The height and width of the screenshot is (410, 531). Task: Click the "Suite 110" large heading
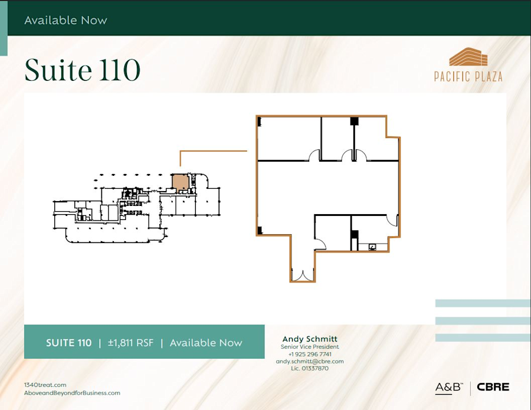[83, 71]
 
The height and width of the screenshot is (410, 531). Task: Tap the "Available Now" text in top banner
[65, 20]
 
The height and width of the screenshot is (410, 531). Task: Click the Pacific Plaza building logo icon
[468, 57]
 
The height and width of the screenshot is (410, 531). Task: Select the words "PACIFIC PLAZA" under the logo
[468, 77]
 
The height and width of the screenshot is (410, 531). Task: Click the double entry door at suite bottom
[302, 275]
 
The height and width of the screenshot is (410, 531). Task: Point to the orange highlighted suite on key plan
[180, 182]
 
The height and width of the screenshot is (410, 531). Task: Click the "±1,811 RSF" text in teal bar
[130, 343]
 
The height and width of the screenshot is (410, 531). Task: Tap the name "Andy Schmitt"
[310, 339]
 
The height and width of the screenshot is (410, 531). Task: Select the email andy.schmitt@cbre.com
[310, 361]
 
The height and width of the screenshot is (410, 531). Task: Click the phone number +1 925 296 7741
[310, 354]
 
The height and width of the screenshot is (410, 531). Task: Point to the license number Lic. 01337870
[310, 368]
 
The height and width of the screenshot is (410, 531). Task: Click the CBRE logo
[493, 388]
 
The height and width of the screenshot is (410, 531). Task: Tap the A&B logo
[448, 388]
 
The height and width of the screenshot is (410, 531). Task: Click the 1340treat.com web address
[45, 385]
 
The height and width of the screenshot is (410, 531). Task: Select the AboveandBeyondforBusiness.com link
[72, 393]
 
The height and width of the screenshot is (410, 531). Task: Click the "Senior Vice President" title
[310, 347]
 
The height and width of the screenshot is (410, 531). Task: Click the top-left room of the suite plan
[289, 139]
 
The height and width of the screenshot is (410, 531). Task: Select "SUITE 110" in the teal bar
[68, 343]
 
